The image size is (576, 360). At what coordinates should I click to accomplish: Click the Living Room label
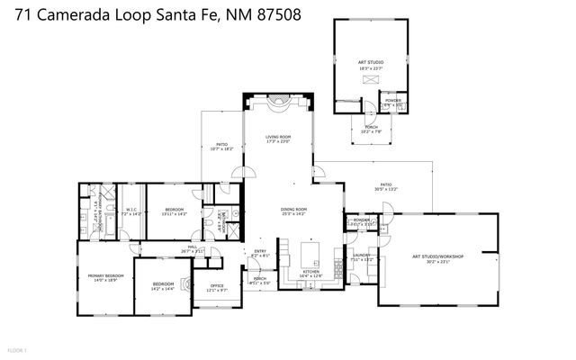click(276, 137)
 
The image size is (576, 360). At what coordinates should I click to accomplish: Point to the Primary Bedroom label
click(104, 275)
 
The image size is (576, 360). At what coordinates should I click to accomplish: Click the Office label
click(217, 286)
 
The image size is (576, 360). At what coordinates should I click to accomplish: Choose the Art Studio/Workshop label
click(436, 256)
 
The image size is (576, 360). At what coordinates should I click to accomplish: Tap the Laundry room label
click(362, 256)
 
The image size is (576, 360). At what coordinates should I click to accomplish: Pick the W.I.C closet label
click(130, 211)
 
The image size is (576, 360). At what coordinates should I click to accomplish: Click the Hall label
click(193, 247)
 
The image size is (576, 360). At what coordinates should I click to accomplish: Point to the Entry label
click(259, 252)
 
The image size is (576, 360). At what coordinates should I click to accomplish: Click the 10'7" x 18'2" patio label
click(221, 145)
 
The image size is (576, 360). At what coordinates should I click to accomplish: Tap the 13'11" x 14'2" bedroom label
click(174, 211)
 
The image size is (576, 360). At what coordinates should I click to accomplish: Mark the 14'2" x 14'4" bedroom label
click(162, 284)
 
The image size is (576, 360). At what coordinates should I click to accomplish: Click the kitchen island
click(312, 249)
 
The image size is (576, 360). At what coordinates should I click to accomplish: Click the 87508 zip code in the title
click(277, 14)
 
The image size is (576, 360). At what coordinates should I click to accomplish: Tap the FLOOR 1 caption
click(17, 349)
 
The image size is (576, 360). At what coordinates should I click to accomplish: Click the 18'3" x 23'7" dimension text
click(370, 67)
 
